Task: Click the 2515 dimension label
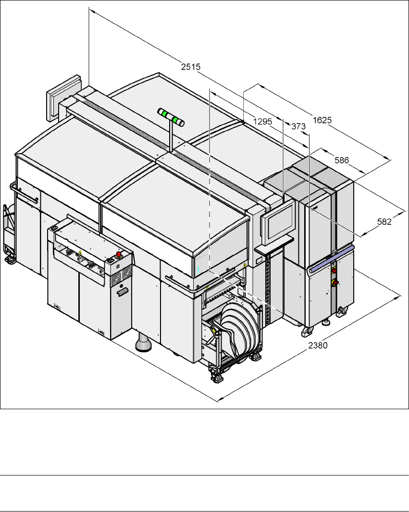pyautogui.click(x=191, y=67)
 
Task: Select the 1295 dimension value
pyautogui.click(x=262, y=122)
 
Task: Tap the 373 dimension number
pyautogui.click(x=298, y=126)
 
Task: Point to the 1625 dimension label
pyautogui.click(x=322, y=120)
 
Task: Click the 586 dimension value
pyautogui.click(x=342, y=160)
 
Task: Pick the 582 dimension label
pyautogui.click(x=384, y=222)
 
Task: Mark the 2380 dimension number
pyautogui.click(x=318, y=345)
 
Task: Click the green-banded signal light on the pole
pyautogui.click(x=171, y=117)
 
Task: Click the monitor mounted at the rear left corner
pyautogui.click(x=63, y=98)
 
